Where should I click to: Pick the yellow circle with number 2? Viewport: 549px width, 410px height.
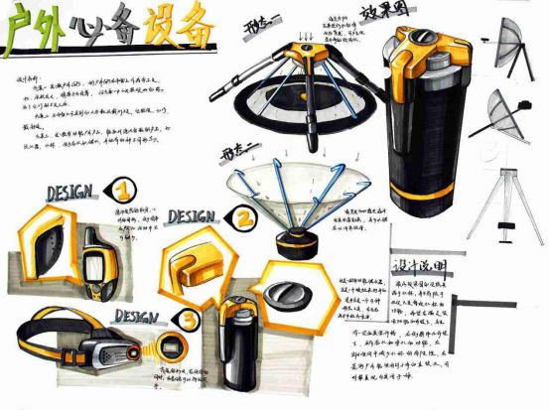pos(242,215)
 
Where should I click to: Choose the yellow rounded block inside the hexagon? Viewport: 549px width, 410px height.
pos(198,263)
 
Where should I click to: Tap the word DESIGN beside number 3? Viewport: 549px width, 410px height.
pos(136,316)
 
